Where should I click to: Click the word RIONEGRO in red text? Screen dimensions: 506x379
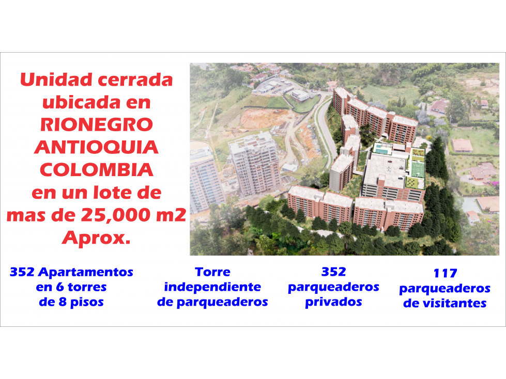click(97, 124)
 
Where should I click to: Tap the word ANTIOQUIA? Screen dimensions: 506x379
click(97, 147)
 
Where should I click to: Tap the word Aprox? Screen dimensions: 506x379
click(96, 238)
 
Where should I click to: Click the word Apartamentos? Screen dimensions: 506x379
click(85, 272)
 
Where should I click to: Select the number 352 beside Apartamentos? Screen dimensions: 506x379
click(22, 272)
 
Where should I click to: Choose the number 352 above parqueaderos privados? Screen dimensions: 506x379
click(334, 272)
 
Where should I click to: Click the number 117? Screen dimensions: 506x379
click(445, 273)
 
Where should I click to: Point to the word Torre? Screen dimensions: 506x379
click(212, 272)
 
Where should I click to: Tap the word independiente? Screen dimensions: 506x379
click(212, 287)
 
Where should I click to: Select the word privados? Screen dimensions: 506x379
click(334, 302)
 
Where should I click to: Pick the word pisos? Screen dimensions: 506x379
click(87, 302)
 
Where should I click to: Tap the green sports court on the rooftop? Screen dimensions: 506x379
click(418, 169)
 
